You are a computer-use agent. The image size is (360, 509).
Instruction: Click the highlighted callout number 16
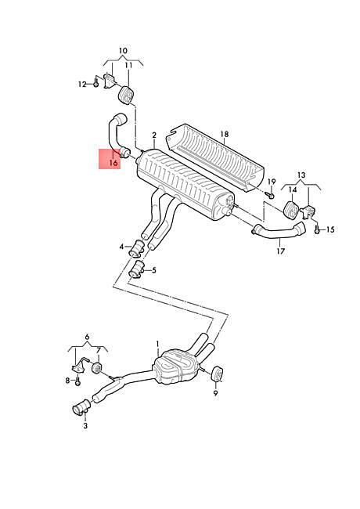[x=113, y=162]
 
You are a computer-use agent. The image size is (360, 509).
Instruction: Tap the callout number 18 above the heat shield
[x=225, y=134]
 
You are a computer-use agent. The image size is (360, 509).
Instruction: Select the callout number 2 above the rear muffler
[x=154, y=135]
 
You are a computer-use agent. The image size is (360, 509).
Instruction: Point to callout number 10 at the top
[x=123, y=51]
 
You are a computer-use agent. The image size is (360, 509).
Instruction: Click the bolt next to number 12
[x=96, y=83]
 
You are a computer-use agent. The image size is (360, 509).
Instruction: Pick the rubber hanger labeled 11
[x=126, y=94]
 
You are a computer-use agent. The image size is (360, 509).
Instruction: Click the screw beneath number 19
[x=271, y=195]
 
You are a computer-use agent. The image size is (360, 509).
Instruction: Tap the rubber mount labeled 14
[x=292, y=209]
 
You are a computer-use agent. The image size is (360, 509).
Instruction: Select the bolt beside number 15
[x=317, y=229]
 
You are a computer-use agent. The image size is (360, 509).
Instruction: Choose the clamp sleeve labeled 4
[x=137, y=248]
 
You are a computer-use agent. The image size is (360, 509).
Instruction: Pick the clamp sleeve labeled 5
[x=136, y=269]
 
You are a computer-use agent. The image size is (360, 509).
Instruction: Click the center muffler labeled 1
[x=175, y=366]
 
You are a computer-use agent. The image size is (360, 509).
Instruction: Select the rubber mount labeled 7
[x=97, y=368]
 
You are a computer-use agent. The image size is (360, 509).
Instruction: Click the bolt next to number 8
[x=77, y=381]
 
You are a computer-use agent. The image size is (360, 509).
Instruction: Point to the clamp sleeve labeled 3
[x=81, y=406]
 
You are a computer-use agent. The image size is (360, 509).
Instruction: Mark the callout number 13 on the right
[x=301, y=175]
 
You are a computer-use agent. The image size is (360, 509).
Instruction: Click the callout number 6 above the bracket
[x=87, y=337]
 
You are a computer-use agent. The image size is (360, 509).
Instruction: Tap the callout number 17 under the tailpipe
[x=281, y=251]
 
